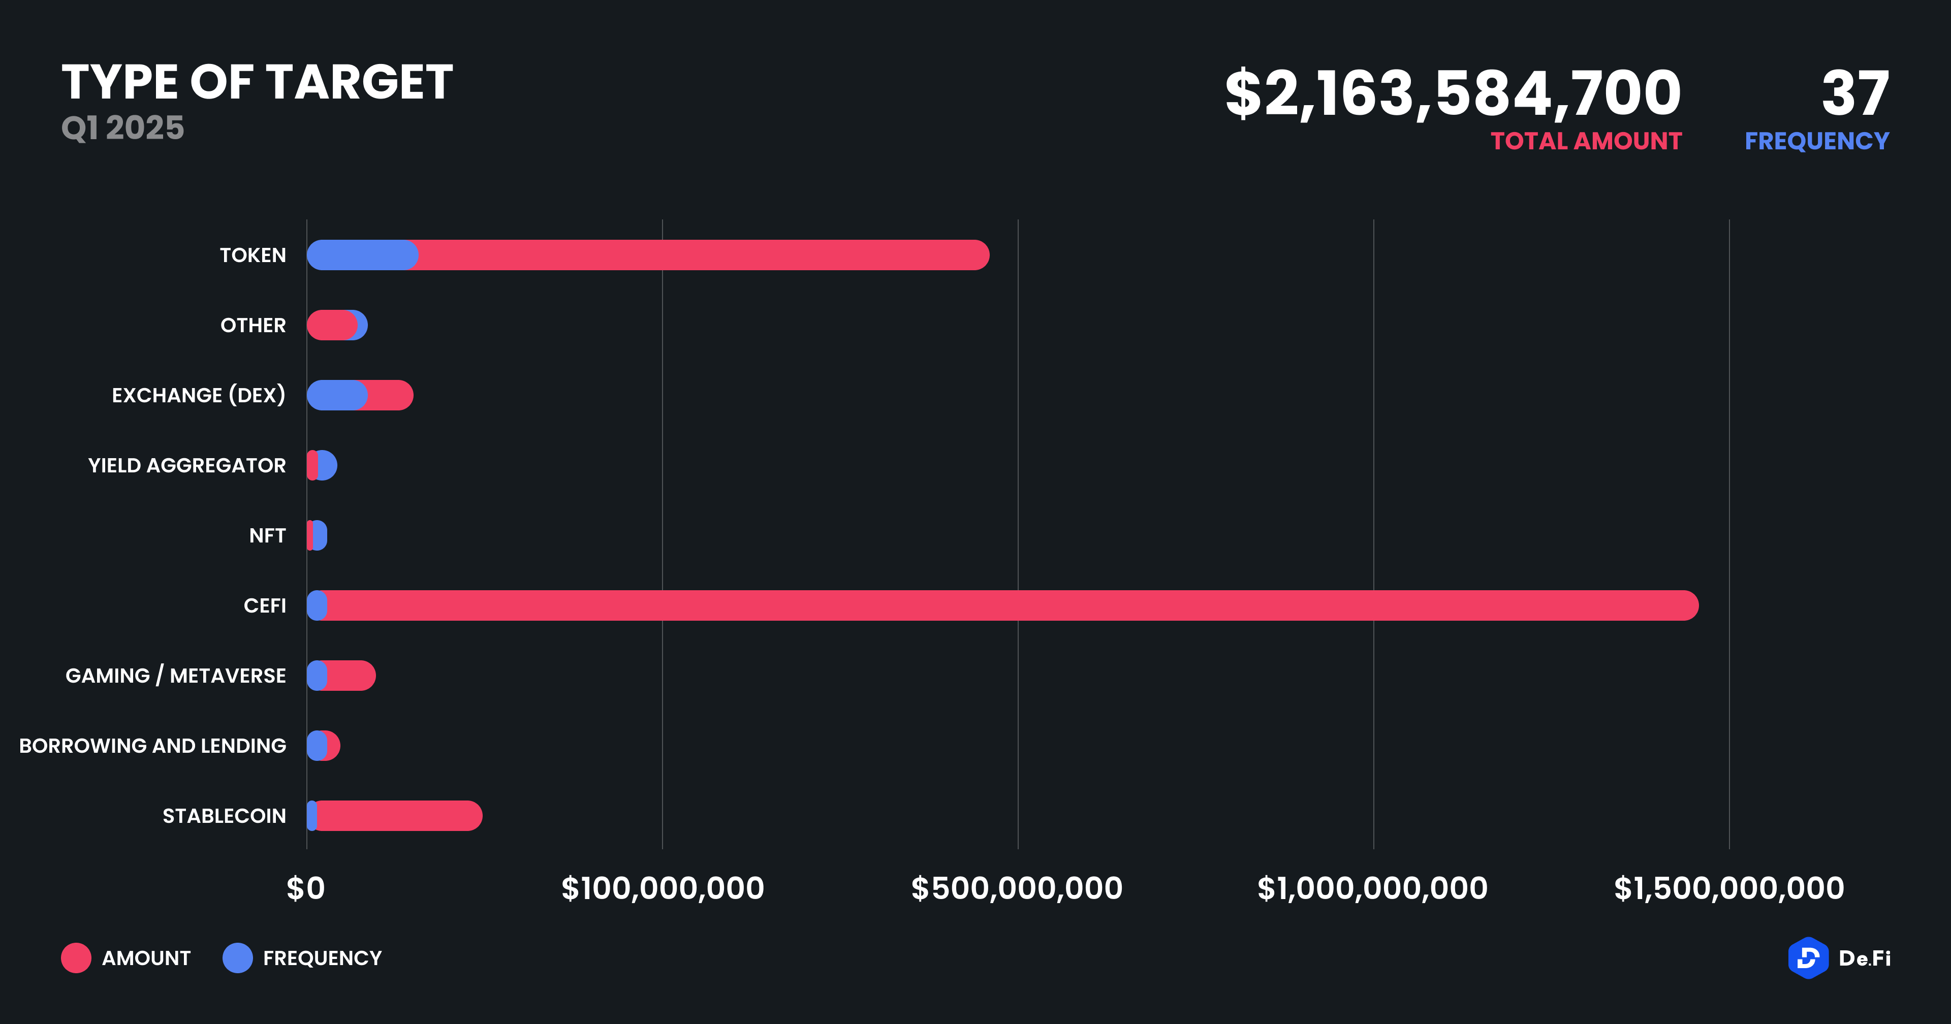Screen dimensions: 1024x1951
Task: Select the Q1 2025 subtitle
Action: (x=122, y=127)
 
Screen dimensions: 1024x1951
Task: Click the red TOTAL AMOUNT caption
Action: (x=1586, y=142)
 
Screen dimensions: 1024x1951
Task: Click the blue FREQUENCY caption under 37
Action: (x=1816, y=142)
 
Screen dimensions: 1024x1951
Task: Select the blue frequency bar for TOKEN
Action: (x=362, y=255)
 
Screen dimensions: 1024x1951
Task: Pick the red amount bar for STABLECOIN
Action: (x=398, y=816)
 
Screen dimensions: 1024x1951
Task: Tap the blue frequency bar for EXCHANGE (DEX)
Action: (x=336, y=395)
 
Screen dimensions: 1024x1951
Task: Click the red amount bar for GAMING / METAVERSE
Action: (x=351, y=676)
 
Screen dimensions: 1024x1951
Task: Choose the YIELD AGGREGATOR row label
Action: (x=187, y=466)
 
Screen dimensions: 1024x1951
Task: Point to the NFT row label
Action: (x=267, y=535)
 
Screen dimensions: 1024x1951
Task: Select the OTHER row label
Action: (x=253, y=326)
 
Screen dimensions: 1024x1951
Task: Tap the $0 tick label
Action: (x=305, y=888)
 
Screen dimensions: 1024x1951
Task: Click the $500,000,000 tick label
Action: (x=1016, y=888)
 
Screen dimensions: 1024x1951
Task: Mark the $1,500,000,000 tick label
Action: (x=1728, y=888)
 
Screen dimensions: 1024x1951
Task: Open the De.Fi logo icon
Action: (x=1808, y=958)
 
